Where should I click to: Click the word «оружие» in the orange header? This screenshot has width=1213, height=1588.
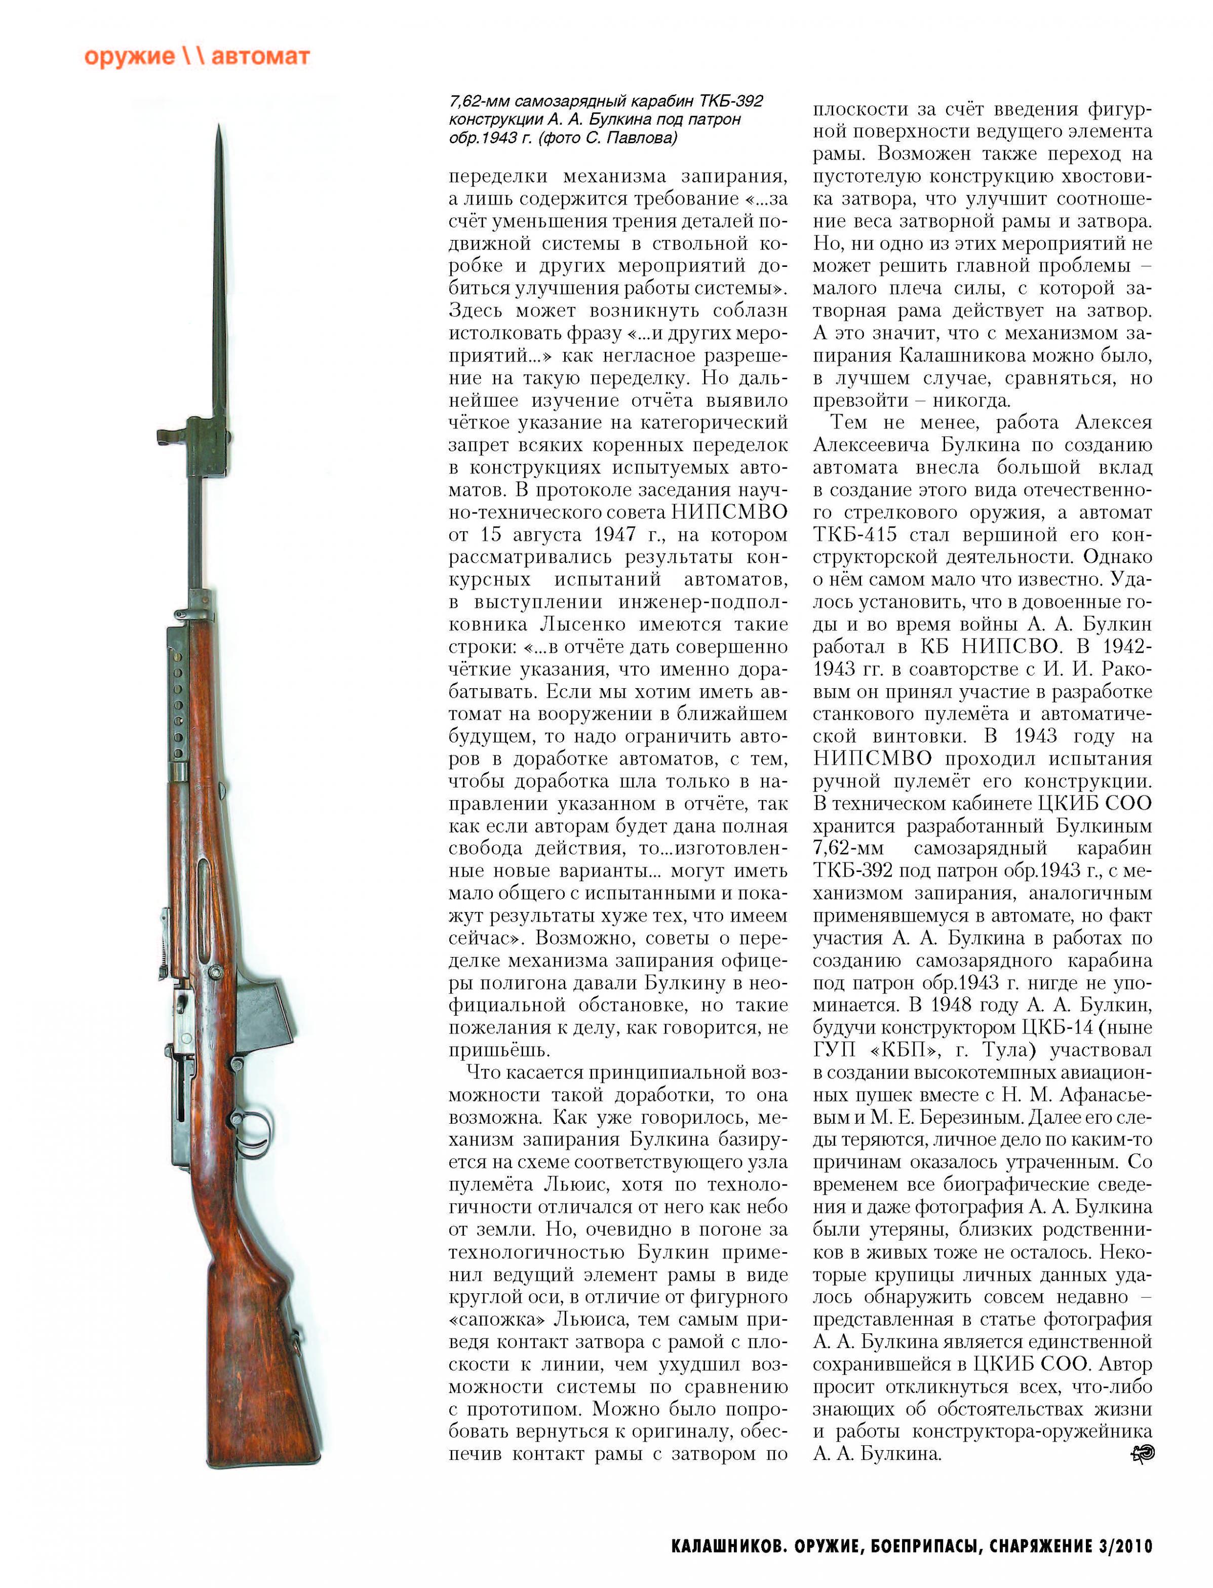(129, 57)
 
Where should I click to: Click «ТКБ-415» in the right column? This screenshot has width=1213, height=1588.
(855, 535)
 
